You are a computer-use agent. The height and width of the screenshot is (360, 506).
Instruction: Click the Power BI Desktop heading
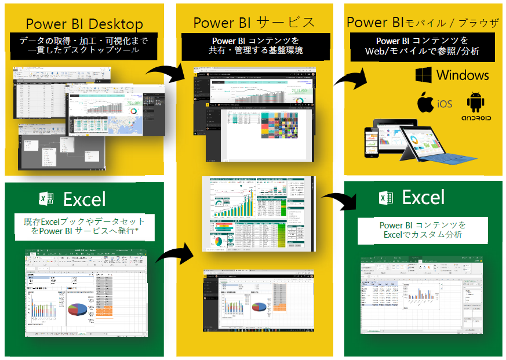(x=85, y=24)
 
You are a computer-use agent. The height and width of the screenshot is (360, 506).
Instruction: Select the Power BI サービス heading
(x=254, y=23)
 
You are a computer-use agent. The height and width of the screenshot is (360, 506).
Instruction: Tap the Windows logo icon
(x=424, y=75)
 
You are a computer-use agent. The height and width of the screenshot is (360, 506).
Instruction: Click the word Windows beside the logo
(x=463, y=75)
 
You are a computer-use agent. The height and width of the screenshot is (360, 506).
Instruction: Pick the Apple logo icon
(x=426, y=103)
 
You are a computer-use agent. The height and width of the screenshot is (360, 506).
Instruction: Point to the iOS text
(x=445, y=104)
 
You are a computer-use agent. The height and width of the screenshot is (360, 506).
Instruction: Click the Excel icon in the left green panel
(x=46, y=199)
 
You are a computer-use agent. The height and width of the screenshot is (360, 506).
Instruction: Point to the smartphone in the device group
(x=371, y=143)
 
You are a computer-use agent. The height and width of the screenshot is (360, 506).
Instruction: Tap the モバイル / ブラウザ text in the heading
(x=452, y=24)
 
